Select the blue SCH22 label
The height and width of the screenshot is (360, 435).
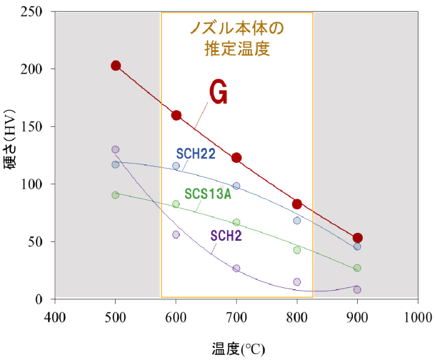[195, 153]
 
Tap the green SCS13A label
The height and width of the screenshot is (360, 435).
[208, 193]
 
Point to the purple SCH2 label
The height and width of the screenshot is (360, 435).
[227, 235]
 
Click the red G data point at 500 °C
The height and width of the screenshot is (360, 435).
[116, 65]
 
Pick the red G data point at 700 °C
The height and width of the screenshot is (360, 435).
[237, 158]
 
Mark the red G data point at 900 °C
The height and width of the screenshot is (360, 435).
[358, 238]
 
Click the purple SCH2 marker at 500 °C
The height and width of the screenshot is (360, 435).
[116, 149]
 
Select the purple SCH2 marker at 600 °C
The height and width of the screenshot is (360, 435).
[176, 234]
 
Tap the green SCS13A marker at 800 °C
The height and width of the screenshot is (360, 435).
[297, 250]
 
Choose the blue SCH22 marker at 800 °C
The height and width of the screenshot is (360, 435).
[297, 220]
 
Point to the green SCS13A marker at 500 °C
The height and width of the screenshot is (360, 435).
[116, 195]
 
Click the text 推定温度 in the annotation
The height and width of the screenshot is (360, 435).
[237, 49]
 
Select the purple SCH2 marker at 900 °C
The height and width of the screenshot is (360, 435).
[357, 290]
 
